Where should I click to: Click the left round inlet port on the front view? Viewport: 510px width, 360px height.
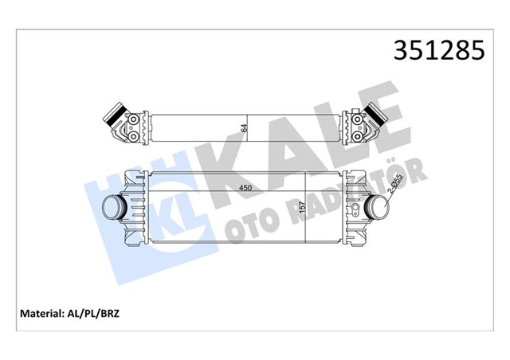click(114, 209)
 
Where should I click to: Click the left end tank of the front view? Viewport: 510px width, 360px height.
click(135, 209)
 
